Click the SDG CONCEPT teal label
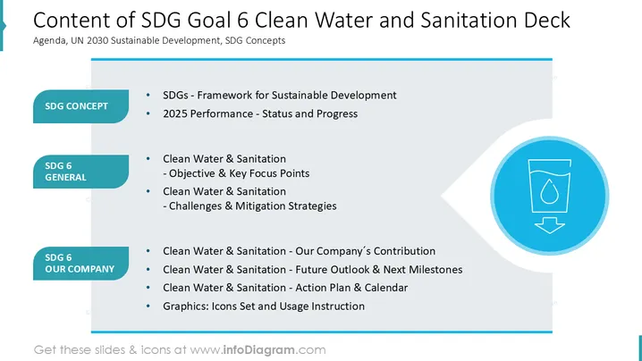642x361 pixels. (x=80, y=106)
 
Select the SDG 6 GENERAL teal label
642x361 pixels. (x=80, y=172)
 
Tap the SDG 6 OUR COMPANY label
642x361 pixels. (x=80, y=264)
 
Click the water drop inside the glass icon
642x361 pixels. (x=549, y=191)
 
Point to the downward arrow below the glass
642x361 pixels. (x=550, y=225)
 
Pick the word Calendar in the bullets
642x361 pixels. (x=386, y=288)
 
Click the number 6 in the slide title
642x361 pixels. (x=243, y=20)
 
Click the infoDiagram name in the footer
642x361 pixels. (x=258, y=350)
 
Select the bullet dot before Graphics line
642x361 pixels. (x=148, y=306)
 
